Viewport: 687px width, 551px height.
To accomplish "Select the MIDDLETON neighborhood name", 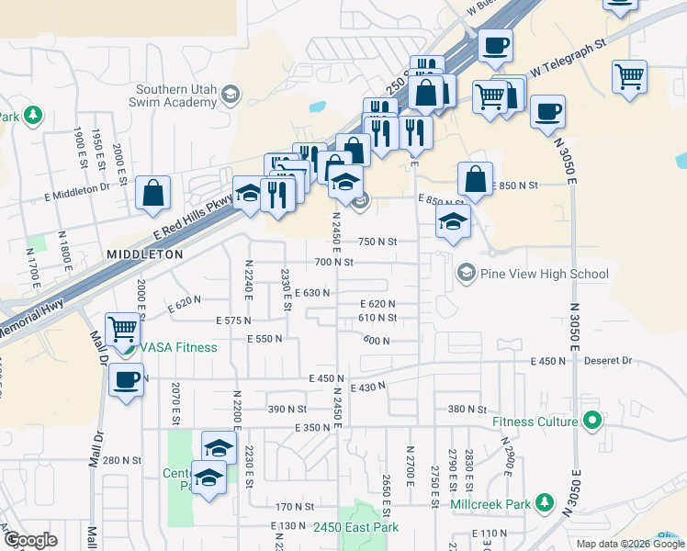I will click(x=144, y=253).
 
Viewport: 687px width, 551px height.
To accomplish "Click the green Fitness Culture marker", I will click(x=592, y=422).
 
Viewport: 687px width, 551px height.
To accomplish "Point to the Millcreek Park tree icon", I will click(x=546, y=503).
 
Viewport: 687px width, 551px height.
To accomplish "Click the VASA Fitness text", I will click(x=178, y=347).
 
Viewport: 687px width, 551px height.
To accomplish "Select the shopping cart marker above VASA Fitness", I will click(x=123, y=328).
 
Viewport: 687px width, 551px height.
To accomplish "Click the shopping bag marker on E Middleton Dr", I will click(x=153, y=193).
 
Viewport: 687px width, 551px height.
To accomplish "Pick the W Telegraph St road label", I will click(x=569, y=57).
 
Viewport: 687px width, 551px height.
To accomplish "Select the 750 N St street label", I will click(x=377, y=242).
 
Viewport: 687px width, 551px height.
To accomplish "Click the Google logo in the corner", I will click(x=30, y=540).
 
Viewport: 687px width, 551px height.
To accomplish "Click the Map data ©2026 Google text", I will click(x=631, y=544).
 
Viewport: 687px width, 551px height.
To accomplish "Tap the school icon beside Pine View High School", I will click(x=467, y=274).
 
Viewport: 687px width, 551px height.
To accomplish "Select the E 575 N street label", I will click(x=234, y=320).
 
